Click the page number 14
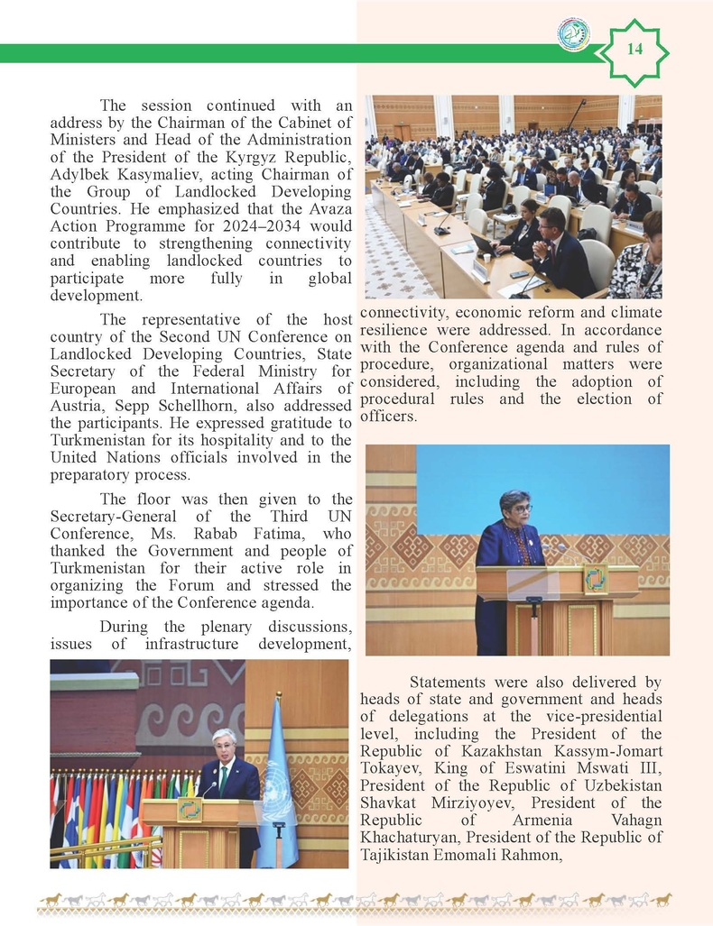635,50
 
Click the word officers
388,416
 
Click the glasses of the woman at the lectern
521,509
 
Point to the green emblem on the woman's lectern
595,578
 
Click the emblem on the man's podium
190,809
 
